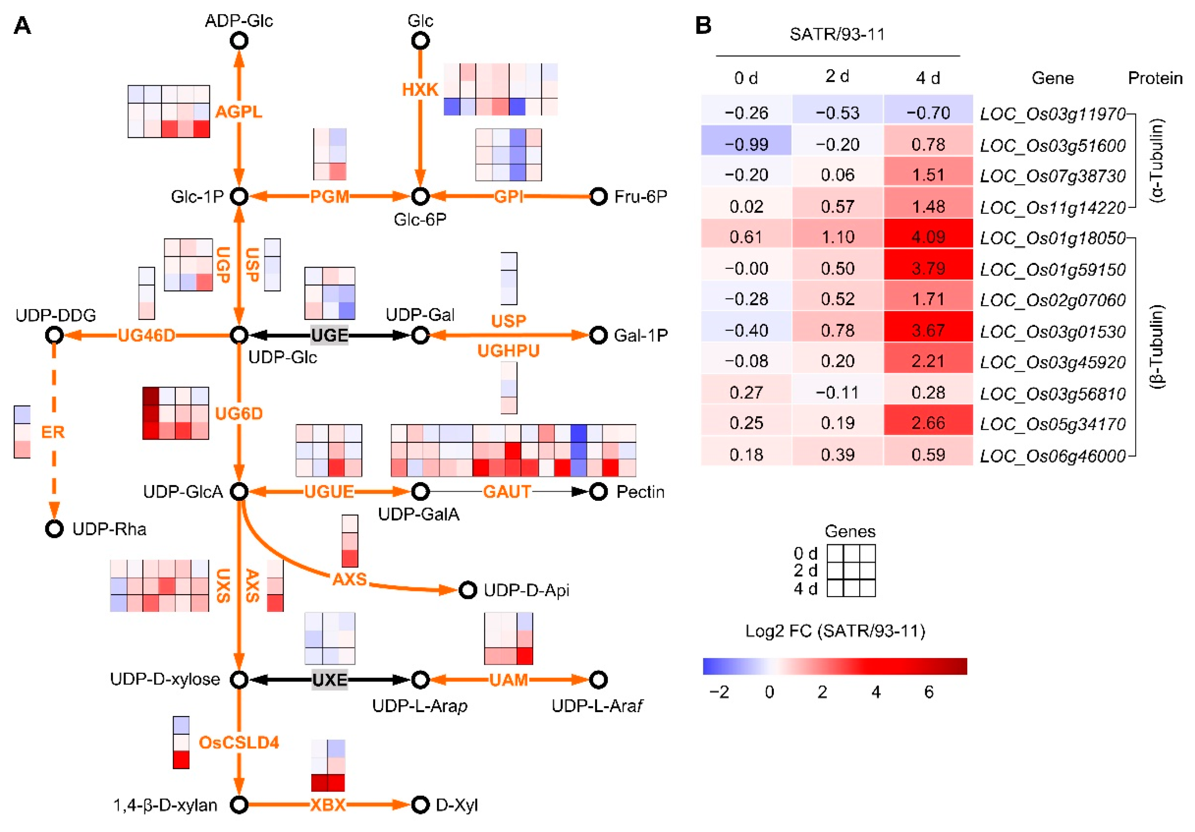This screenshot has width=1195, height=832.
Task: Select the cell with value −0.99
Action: point(746,144)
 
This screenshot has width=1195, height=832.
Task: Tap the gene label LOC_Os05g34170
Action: point(1052,424)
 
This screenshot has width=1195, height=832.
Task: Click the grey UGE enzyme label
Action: point(329,335)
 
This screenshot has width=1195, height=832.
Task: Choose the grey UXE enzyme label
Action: point(329,680)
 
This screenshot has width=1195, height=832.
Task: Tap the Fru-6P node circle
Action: point(598,196)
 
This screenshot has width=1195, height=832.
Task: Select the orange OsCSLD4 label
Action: point(239,742)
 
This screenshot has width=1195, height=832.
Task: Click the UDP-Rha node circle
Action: point(54,529)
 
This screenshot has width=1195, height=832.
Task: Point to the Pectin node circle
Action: point(598,491)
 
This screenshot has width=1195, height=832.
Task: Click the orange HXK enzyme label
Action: point(420,90)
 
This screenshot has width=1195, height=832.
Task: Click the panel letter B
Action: point(703,25)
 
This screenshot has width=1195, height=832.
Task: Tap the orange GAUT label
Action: point(507,491)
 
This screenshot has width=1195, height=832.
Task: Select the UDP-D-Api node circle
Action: point(467,590)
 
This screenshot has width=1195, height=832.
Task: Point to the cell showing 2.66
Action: point(928,423)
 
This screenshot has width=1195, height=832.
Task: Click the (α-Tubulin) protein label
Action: point(1156,160)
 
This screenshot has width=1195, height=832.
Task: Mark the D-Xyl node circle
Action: point(420,805)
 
